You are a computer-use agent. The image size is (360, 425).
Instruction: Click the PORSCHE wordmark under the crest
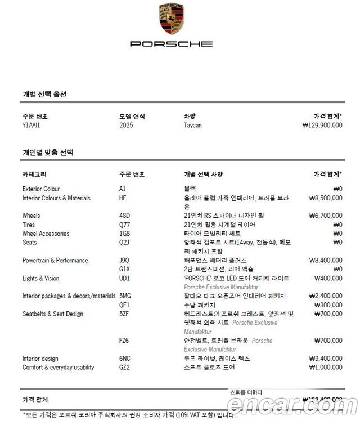point(171,44)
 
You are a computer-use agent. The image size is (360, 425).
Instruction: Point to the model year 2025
point(127,125)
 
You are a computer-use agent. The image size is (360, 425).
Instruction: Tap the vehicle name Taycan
point(192,125)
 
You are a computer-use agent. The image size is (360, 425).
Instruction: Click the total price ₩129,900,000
point(322,125)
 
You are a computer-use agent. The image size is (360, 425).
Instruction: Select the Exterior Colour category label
point(40,189)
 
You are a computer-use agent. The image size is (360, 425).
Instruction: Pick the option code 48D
point(124,216)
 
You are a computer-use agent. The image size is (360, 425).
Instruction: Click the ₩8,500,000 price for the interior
point(325,198)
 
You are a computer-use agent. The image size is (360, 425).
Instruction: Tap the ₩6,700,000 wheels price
point(325,216)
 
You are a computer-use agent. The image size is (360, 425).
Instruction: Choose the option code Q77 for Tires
point(124,225)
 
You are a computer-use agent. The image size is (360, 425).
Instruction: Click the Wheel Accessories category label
point(46,234)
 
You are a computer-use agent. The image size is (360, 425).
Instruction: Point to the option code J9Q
point(124,261)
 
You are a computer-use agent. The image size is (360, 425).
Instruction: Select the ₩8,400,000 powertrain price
point(325,261)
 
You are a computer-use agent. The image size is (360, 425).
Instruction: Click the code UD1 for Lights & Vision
point(124,279)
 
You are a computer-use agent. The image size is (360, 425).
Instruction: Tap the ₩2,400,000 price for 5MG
point(325,296)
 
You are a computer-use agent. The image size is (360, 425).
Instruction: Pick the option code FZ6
point(124,341)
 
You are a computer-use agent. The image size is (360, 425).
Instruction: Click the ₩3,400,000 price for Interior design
point(325,359)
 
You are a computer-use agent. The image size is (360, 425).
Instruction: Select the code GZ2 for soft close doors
point(124,368)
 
